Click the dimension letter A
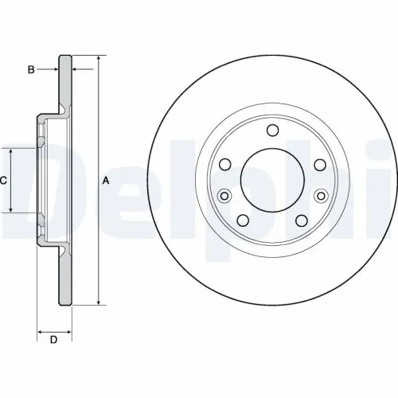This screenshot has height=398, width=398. tap(106, 181)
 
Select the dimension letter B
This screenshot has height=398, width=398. tap(32, 70)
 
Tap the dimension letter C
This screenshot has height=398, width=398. tap(3, 181)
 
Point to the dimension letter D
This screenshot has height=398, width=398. tap(53, 341)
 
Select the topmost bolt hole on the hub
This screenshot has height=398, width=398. tap(273, 131)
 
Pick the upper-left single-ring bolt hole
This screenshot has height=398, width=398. tap(225, 165)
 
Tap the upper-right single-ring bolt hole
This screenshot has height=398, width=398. tap(320, 165)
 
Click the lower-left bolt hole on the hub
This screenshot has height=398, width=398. tap(244, 221)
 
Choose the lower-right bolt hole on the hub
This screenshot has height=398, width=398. tap(302, 221)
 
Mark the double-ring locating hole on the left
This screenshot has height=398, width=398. tap(224, 196)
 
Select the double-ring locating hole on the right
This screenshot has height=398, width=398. tap(322, 196)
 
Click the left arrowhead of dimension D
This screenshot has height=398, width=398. tap(40, 330)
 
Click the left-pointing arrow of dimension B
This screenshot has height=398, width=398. tap(76, 70)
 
